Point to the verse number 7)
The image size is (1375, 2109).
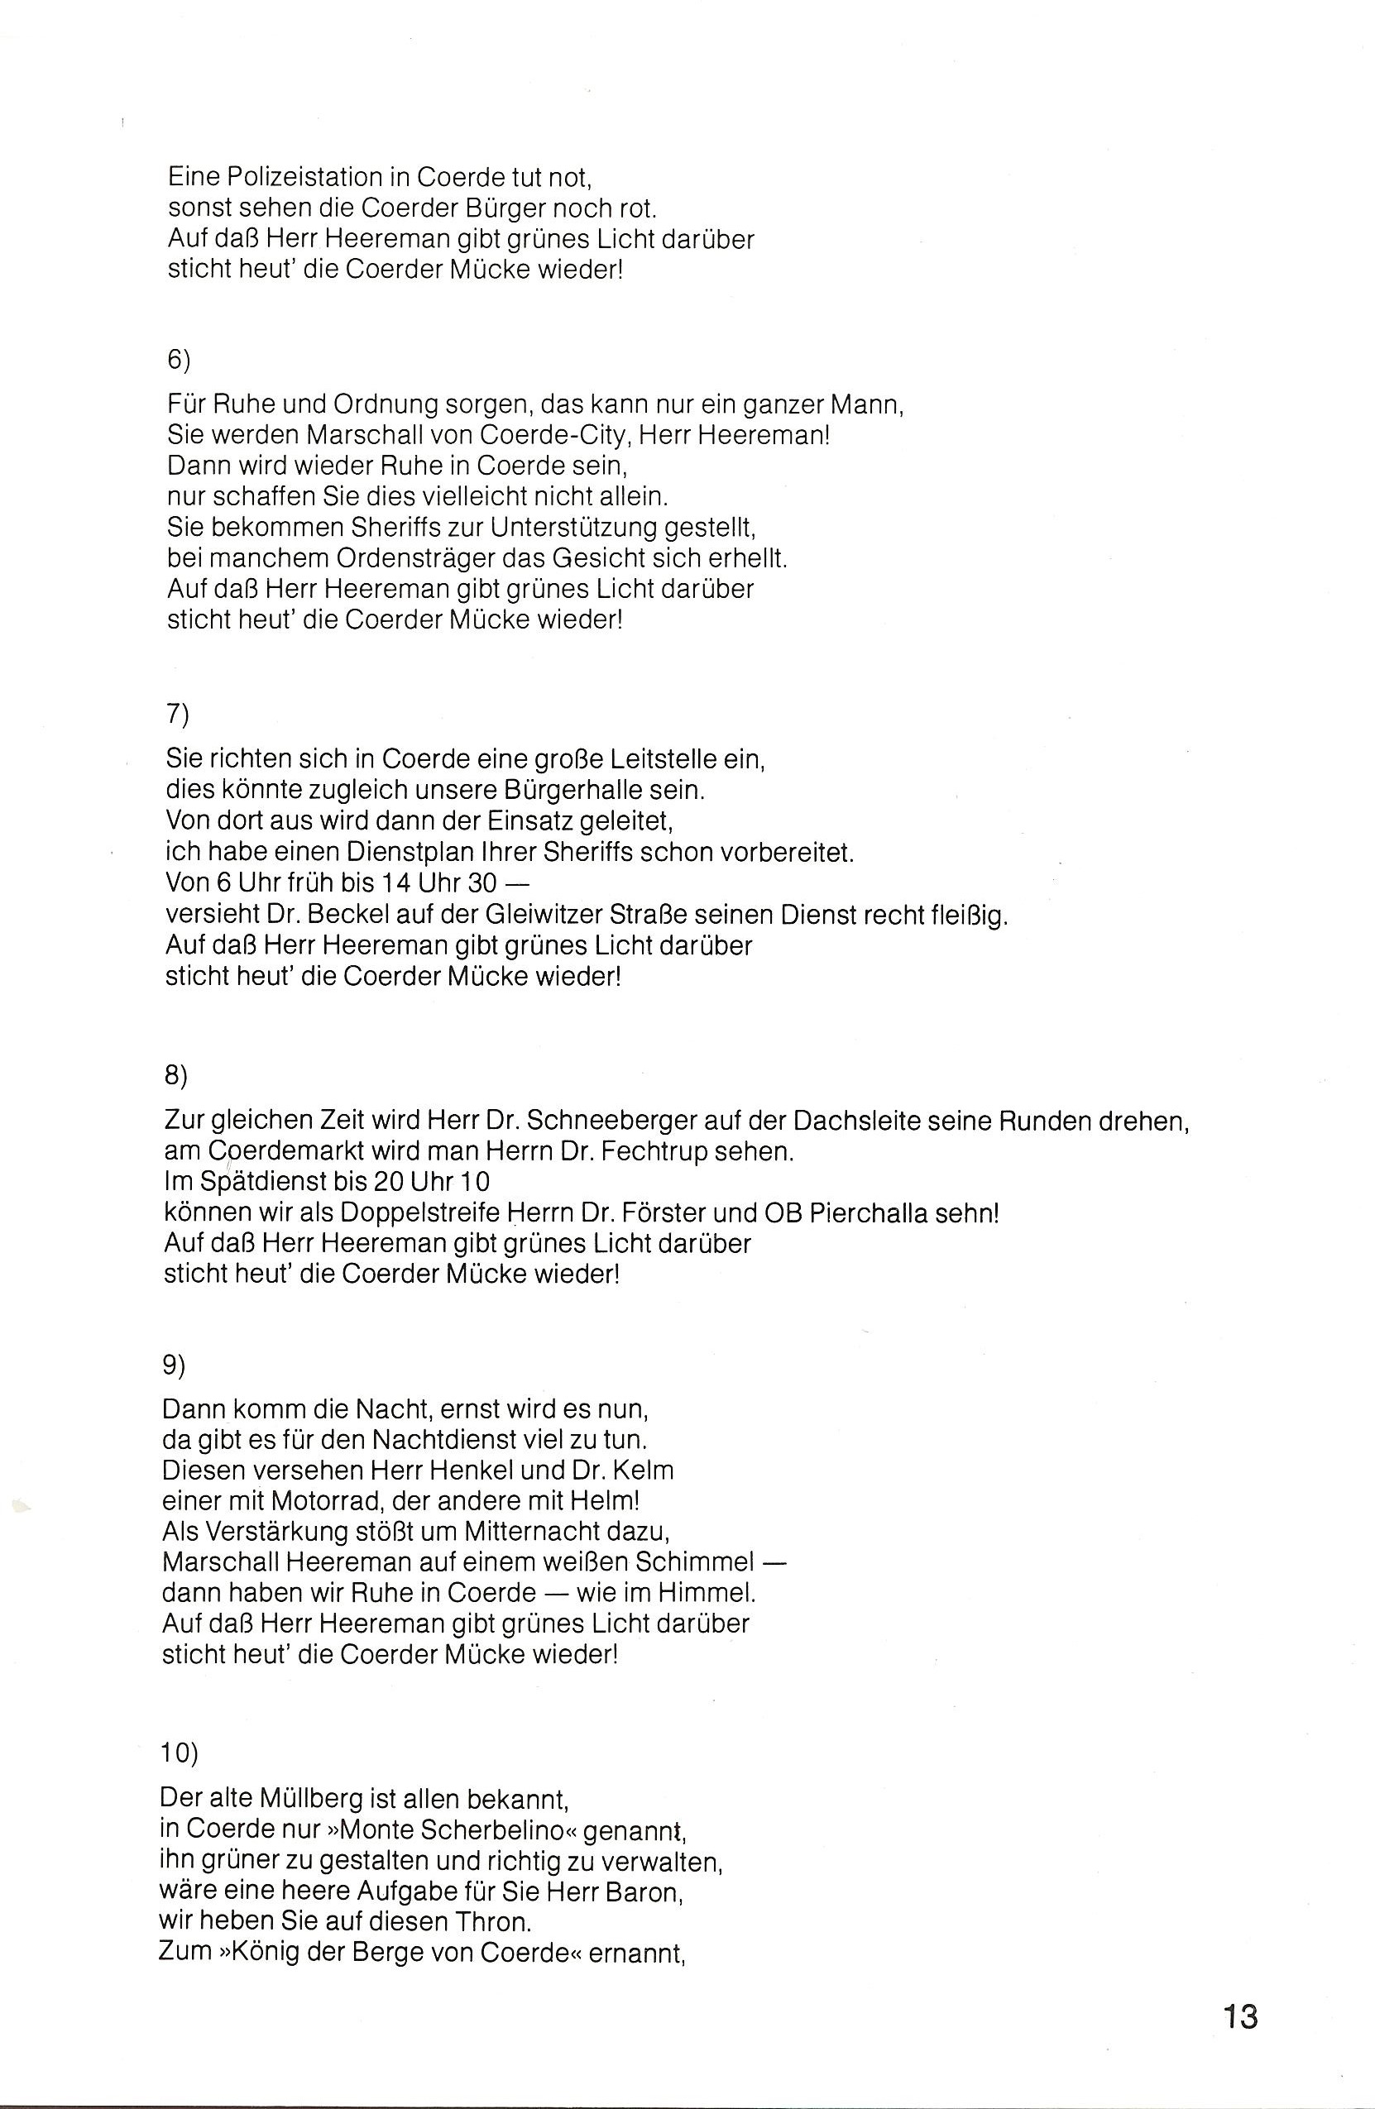coord(177,715)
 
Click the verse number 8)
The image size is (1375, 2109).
coord(176,1075)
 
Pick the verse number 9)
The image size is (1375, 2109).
coord(175,1365)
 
